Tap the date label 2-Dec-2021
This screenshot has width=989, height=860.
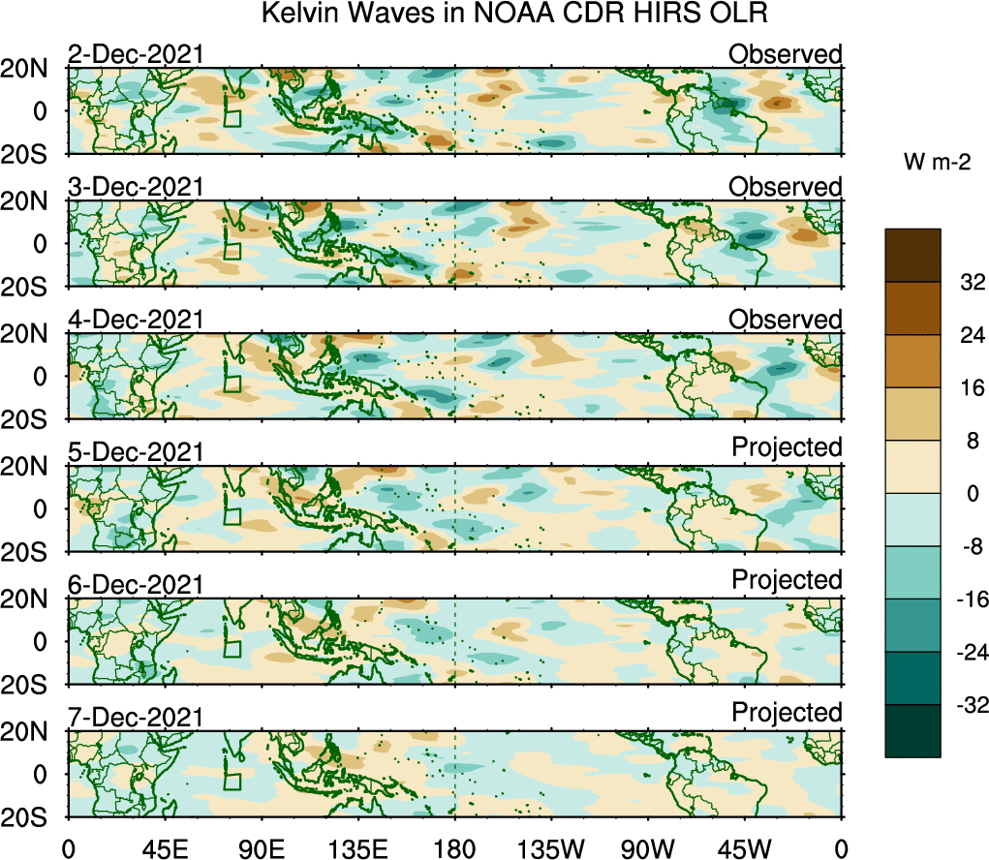click(x=136, y=54)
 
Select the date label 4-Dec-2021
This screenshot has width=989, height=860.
click(x=136, y=320)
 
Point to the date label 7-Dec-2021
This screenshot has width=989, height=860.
click(x=136, y=718)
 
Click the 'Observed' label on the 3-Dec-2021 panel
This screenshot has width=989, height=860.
click(x=786, y=187)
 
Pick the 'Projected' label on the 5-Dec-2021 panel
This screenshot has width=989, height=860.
click(x=787, y=447)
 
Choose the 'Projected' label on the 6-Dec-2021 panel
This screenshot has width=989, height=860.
click(x=787, y=580)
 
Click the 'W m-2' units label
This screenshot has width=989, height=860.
click(x=938, y=164)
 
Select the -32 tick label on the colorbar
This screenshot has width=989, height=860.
click(x=968, y=705)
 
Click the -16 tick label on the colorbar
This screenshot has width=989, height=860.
click(x=968, y=599)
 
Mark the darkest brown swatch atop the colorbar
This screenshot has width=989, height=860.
click(x=912, y=256)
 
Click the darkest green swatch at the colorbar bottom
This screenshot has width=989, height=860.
click(x=912, y=731)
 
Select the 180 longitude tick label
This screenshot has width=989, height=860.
click(x=455, y=848)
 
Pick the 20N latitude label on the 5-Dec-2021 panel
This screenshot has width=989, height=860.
click(x=31, y=466)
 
